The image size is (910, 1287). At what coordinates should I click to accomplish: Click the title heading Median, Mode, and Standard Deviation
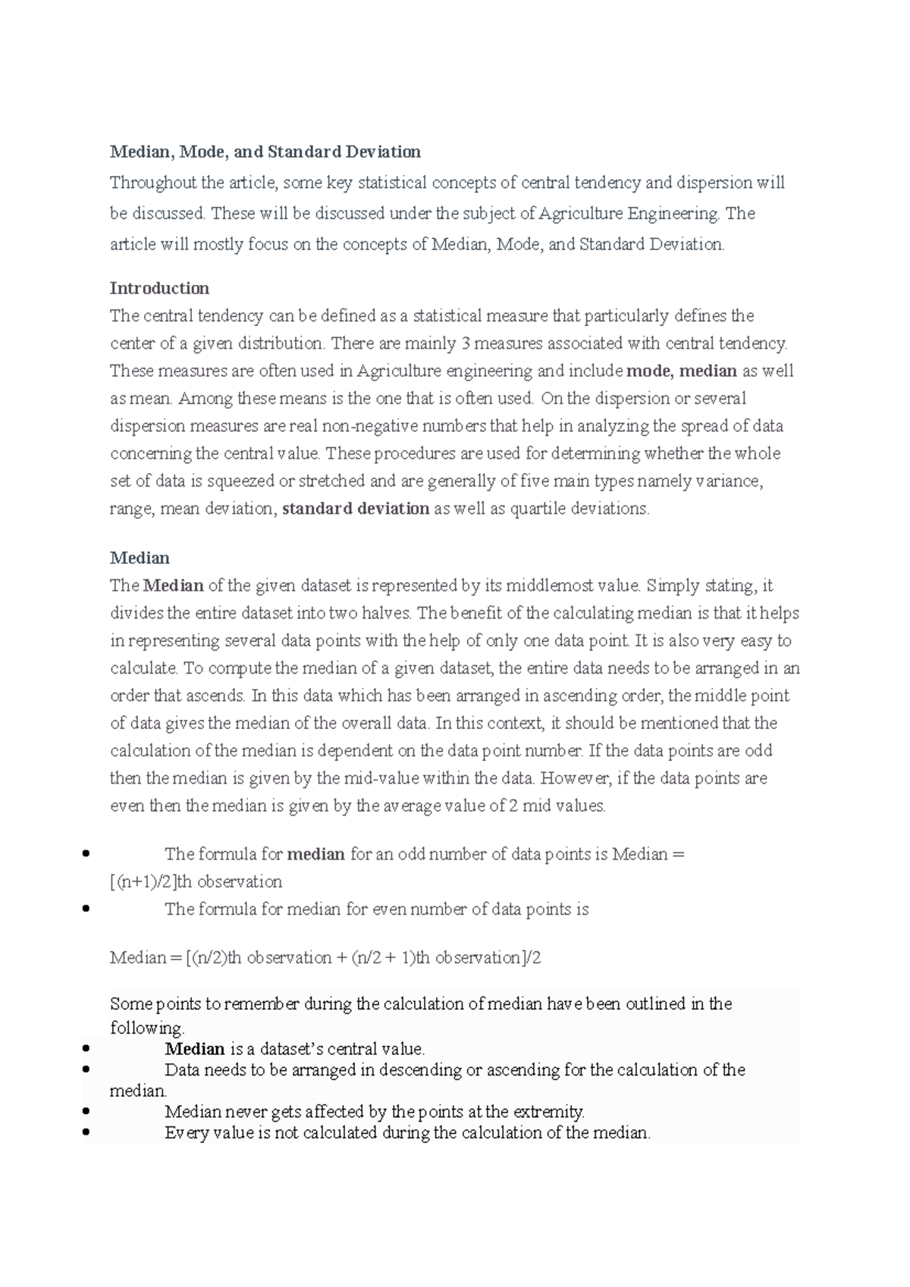(x=265, y=152)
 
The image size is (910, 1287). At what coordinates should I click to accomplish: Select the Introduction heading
(x=159, y=289)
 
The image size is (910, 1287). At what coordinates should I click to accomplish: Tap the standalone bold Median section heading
(x=140, y=559)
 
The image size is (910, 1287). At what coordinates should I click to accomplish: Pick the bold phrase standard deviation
(x=356, y=509)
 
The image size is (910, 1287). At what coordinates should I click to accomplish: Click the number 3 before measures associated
(x=464, y=344)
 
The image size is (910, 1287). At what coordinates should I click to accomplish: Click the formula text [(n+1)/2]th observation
(x=196, y=882)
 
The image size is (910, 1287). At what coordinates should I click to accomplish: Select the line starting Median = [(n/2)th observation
(x=325, y=958)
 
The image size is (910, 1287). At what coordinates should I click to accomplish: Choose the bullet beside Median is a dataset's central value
(x=85, y=1049)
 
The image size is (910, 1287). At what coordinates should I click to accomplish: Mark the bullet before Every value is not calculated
(x=85, y=1133)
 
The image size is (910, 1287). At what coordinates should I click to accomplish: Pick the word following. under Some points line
(x=147, y=1029)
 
